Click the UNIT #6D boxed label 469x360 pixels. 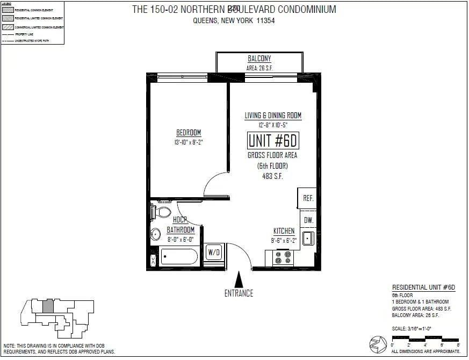pyautogui.click(x=273, y=141)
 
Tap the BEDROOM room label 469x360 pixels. pyautogui.click(x=189, y=133)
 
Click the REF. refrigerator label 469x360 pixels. pyautogui.click(x=308, y=198)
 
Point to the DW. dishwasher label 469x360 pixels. pyautogui.click(x=308, y=220)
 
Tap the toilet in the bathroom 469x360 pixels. pyautogui.click(x=162, y=212)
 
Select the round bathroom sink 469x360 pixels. pyautogui.click(x=156, y=234)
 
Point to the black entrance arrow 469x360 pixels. pyautogui.click(x=240, y=279)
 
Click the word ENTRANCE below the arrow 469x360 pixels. pyautogui.click(x=239, y=293)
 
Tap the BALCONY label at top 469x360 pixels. pyautogui.click(x=259, y=59)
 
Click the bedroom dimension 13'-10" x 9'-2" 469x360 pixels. pyautogui.click(x=189, y=142)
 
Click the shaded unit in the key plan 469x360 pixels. pyautogui.click(x=48, y=306)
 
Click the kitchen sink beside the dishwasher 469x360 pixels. pyautogui.click(x=308, y=237)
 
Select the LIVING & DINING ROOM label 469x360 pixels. pyautogui.click(x=273, y=116)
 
